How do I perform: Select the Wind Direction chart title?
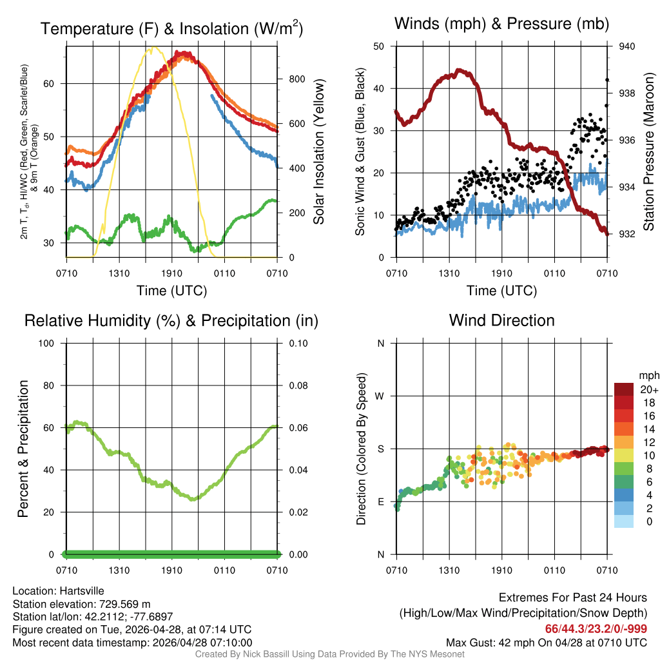click(501, 320)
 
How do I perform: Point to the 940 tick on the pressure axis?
click(626, 46)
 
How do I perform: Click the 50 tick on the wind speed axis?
click(379, 46)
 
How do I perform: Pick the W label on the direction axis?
click(381, 396)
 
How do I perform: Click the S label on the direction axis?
click(381, 449)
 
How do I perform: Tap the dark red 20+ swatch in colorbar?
click(625, 389)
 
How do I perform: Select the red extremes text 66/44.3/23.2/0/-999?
click(596, 628)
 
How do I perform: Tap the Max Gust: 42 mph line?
click(547, 643)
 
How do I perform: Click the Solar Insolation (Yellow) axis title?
click(319, 152)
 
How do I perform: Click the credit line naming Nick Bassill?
click(330, 654)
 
